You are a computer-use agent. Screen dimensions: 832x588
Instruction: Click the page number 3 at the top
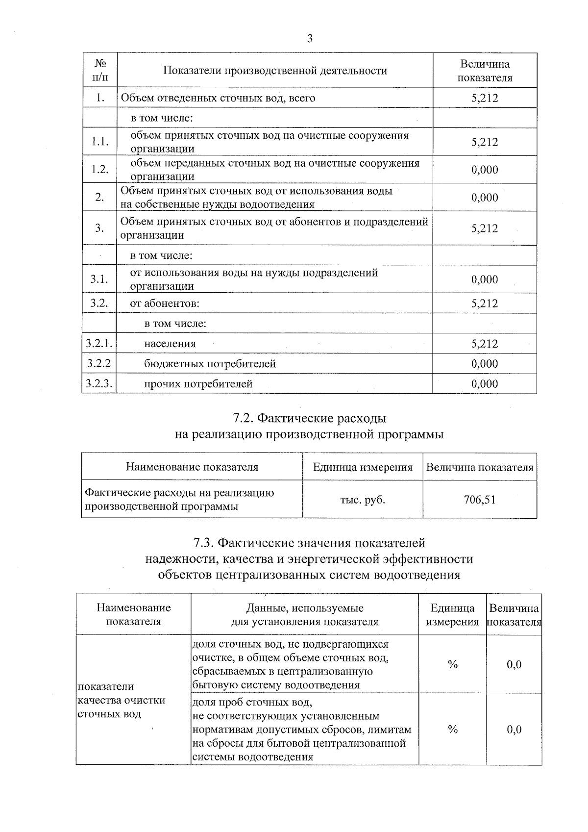click(309, 39)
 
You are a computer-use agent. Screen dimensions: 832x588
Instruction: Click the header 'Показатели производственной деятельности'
click(275, 71)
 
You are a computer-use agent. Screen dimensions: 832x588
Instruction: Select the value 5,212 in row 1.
click(485, 98)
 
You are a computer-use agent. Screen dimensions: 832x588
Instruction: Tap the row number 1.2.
click(99, 169)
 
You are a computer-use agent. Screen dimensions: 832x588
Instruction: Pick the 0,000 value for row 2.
click(485, 198)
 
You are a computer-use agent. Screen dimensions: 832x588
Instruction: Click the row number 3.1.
click(99, 279)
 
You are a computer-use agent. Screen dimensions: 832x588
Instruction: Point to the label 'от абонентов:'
click(165, 303)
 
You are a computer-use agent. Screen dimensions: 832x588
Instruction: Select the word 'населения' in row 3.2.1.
click(170, 344)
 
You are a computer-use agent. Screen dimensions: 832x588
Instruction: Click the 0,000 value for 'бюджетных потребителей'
click(485, 364)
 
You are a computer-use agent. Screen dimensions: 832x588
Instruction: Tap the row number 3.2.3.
click(99, 384)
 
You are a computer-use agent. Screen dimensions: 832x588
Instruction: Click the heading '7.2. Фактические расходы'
click(309, 418)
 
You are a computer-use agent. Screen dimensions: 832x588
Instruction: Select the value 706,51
click(479, 500)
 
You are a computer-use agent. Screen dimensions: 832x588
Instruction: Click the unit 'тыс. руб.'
click(363, 500)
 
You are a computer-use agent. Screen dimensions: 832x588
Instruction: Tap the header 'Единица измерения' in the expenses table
click(363, 467)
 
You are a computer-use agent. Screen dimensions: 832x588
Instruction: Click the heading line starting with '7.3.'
click(309, 543)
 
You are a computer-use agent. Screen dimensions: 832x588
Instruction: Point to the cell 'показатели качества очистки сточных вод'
click(122, 700)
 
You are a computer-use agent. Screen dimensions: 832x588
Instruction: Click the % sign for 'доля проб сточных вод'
click(452, 730)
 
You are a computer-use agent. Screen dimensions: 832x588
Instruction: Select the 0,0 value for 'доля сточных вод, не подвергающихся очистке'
click(514, 664)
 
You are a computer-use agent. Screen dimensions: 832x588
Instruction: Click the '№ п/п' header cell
click(100, 71)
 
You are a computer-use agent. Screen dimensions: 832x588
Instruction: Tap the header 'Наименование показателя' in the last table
click(133, 615)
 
